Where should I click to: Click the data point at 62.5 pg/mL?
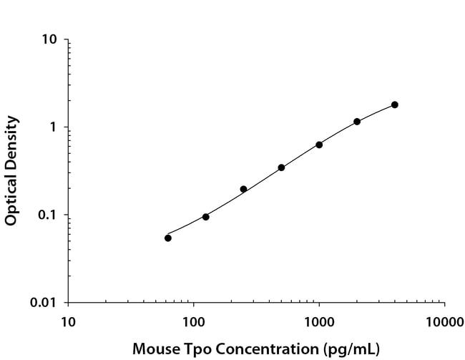click(x=168, y=238)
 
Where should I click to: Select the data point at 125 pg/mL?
click(x=206, y=217)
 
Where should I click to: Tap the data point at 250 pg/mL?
click(x=243, y=189)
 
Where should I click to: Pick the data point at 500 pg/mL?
click(x=281, y=167)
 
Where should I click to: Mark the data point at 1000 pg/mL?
click(x=319, y=145)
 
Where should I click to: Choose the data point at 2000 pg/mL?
click(x=357, y=122)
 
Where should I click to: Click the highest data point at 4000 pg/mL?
click(x=395, y=104)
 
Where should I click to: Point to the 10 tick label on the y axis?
click(x=50, y=39)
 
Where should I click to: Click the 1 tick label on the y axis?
click(x=54, y=127)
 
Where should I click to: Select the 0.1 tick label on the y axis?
click(x=48, y=215)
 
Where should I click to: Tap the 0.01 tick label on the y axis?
click(x=44, y=303)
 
